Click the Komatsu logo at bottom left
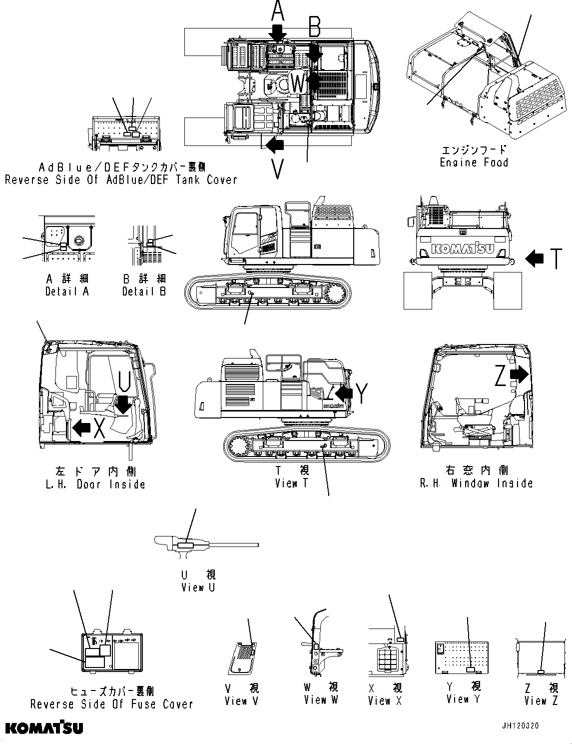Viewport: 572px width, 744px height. pos(44,727)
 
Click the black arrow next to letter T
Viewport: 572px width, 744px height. pos(535,258)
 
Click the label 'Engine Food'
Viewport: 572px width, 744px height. pos(474,162)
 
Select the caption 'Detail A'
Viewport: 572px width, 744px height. pos(67,291)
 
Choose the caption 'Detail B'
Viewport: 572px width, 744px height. pos(144,291)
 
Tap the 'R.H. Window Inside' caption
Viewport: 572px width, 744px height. pos(476,483)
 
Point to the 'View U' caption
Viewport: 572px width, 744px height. pos(198,587)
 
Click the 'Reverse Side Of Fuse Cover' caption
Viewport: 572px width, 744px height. pos(111,704)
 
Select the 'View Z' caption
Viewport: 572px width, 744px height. pos(541,701)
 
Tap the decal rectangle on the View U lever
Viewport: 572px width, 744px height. pos(185,546)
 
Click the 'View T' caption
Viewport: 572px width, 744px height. pos(293,483)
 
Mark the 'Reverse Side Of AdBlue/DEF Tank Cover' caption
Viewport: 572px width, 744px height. pos(120,179)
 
